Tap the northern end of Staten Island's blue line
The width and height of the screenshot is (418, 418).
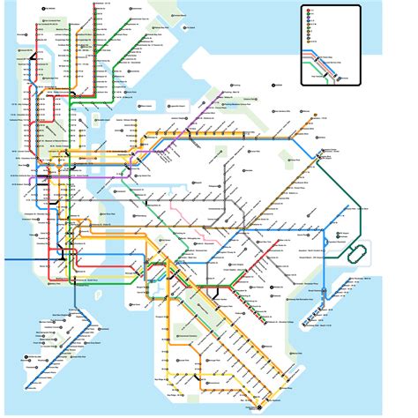(78, 311)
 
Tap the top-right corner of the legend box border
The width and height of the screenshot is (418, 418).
(360, 5)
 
